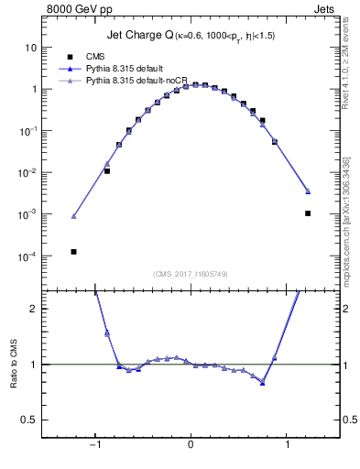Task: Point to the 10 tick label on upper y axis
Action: (x=30, y=47)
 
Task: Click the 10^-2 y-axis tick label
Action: (x=27, y=172)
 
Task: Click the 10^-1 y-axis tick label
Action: (x=27, y=131)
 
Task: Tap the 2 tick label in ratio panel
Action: (x=32, y=309)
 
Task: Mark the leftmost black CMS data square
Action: (x=73, y=251)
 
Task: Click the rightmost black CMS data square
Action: (x=308, y=213)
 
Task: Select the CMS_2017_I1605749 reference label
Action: (x=191, y=274)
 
